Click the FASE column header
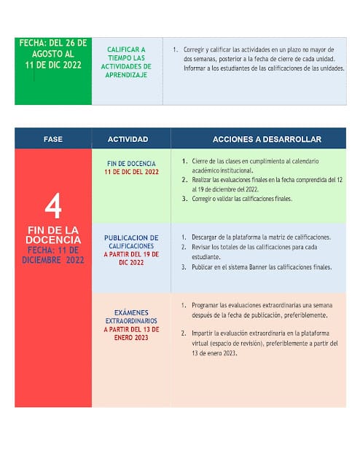point(53,138)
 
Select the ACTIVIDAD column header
point(128,138)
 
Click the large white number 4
point(53,207)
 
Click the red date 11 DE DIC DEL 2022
point(131,172)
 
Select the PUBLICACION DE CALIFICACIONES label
point(131,242)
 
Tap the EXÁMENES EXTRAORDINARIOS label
point(131,316)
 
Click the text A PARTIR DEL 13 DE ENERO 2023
point(131,333)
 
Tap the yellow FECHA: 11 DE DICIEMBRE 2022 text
point(53,255)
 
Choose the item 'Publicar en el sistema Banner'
point(262,267)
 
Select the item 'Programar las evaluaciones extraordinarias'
point(262,310)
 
